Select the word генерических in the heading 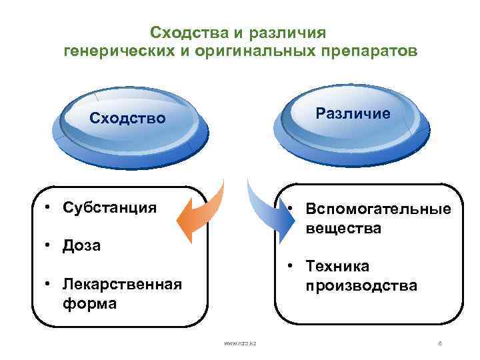pyautogui.click(x=116, y=52)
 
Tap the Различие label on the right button pyautogui.click(x=353, y=113)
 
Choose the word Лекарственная pyautogui.click(x=122, y=285)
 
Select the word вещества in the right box pyautogui.click(x=343, y=228)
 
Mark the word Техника pyautogui.click(x=337, y=267)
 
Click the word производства pyautogui.click(x=361, y=286)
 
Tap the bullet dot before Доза pyautogui.click(x=49, y=245)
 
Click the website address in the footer pyautogui.click(x=240, y=343)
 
